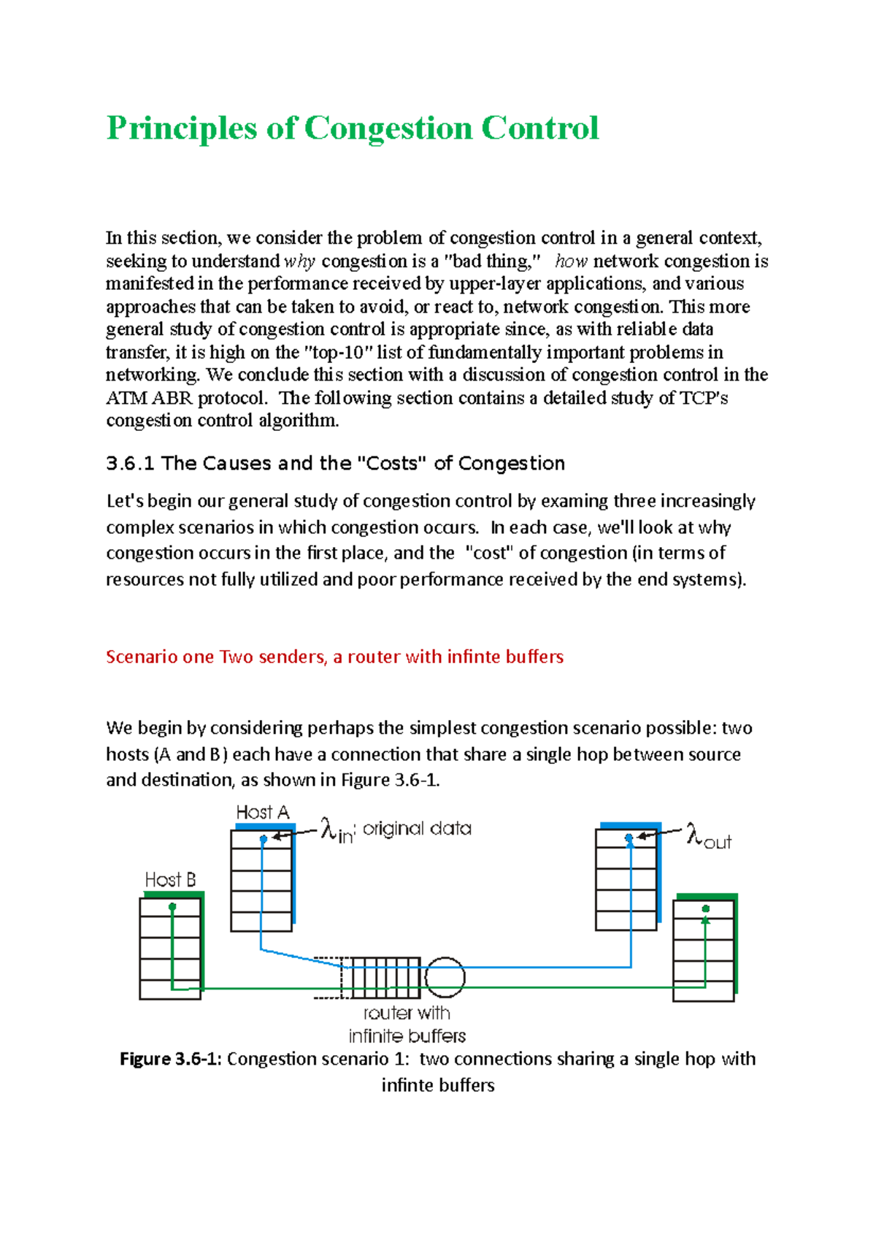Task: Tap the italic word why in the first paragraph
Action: (299, 261)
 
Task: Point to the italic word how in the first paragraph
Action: (571, 261)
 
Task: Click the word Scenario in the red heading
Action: (142, 657)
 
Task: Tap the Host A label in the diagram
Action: (263, 813)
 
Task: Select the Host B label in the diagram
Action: (170, 880)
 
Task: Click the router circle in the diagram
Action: (445, 977)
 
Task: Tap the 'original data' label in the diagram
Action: (417, 829)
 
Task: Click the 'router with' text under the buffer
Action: (407, 1014)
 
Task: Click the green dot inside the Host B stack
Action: (172, 907)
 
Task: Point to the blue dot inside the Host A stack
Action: (264, 840)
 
